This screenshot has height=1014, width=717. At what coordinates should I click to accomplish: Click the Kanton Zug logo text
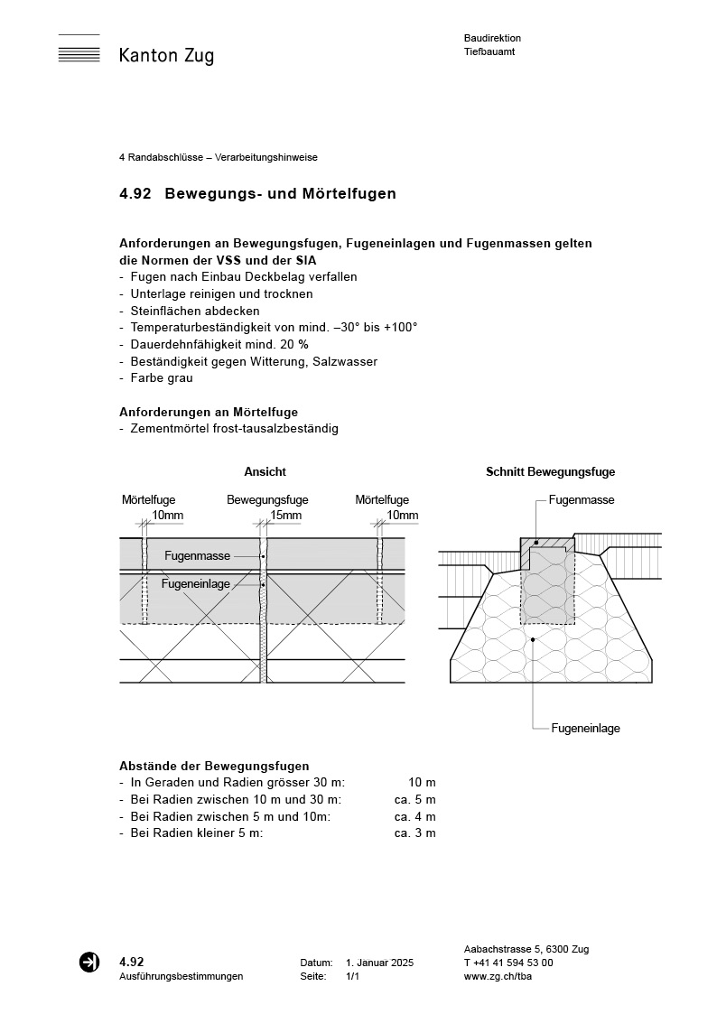point(166,56)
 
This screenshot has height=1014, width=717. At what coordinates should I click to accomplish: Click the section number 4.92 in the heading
point(135,194)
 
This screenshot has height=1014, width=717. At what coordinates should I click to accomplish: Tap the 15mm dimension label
point(285,516)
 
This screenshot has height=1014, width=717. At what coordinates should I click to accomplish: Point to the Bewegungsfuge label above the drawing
point(267,499)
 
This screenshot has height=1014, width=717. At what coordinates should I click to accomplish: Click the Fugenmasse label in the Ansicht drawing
point(197,556)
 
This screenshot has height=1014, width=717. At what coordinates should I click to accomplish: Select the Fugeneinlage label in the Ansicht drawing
point(196,584)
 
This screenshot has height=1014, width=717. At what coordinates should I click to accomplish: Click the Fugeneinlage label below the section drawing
point(585,728)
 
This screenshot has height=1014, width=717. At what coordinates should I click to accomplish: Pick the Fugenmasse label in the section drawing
point(582,499)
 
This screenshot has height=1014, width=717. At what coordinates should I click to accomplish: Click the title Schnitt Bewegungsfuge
point(550,472)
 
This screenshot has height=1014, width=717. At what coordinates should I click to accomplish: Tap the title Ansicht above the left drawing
point(265,472)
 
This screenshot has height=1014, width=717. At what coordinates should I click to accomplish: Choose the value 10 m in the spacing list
point(422,783)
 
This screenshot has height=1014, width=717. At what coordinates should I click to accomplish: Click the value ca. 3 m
point(414,833)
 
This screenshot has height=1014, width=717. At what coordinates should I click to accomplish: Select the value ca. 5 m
point(414,800)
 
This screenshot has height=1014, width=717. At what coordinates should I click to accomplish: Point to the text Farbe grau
point(162,378)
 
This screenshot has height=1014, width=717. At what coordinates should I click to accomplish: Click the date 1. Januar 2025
point(379,963)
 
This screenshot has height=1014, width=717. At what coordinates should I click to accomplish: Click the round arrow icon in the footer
point(89,963)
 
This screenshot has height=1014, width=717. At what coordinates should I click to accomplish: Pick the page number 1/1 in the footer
point(352,977)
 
